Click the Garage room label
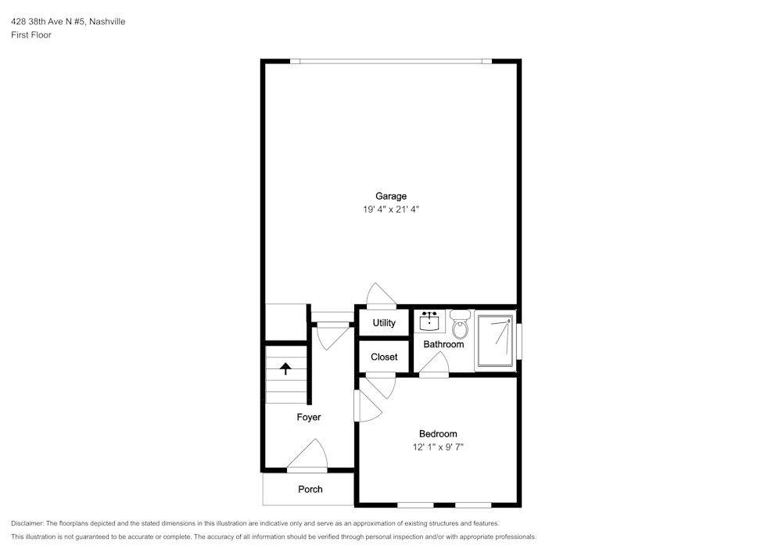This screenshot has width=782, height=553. (391, 196)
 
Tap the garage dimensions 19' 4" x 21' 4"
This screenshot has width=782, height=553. (391, 210)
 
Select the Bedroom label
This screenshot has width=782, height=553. (438, 434)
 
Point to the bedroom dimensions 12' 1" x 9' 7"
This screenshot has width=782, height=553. (438, 447)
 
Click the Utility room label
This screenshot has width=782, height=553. (384, 323)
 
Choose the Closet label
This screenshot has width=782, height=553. (384, 357)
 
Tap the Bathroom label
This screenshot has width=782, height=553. (443, 344)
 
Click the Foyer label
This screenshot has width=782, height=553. (309, 418)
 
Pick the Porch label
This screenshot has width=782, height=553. (310, 489)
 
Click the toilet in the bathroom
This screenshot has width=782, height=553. (460, 324)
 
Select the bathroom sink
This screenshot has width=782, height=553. (429, 321)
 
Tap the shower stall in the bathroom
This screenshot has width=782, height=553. (495, 340)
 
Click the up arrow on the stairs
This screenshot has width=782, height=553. (285, 368)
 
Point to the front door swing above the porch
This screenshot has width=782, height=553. (307, 455)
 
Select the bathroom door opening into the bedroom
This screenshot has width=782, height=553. (434, 363)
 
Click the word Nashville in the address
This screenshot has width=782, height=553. (107, 21)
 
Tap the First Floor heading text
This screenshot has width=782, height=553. (31, 35)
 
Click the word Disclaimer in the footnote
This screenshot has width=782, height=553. (27, 523)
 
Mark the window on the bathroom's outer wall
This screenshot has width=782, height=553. (519, 342)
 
